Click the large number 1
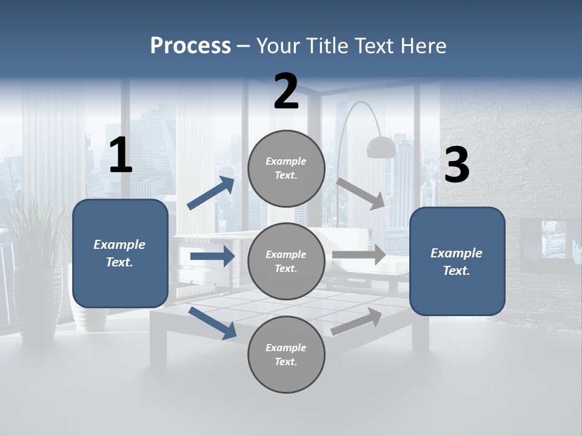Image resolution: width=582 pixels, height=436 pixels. [x=121, y=156]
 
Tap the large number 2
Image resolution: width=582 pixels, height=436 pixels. [x=286, y=91]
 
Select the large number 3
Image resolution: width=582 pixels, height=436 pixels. [x=457, y=165]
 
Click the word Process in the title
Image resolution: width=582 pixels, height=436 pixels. [x=190, y=45]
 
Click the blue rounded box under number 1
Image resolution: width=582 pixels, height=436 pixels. [x=120, y=253]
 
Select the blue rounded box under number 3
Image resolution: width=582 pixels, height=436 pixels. [x=457, y=262]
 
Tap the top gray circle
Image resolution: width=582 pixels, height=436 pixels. [x=286, y=168]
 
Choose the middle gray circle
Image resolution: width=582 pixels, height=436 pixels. [x=286, y=262]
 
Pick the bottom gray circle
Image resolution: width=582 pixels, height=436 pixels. [x=286, y=355]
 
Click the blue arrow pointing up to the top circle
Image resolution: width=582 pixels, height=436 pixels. [x=211, y=193]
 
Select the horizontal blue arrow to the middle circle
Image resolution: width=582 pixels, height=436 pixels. [x=212, y=256]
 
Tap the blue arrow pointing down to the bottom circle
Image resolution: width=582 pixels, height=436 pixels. [x=213, y=322]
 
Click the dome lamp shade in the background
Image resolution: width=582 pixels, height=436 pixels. [x=381, y=147]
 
